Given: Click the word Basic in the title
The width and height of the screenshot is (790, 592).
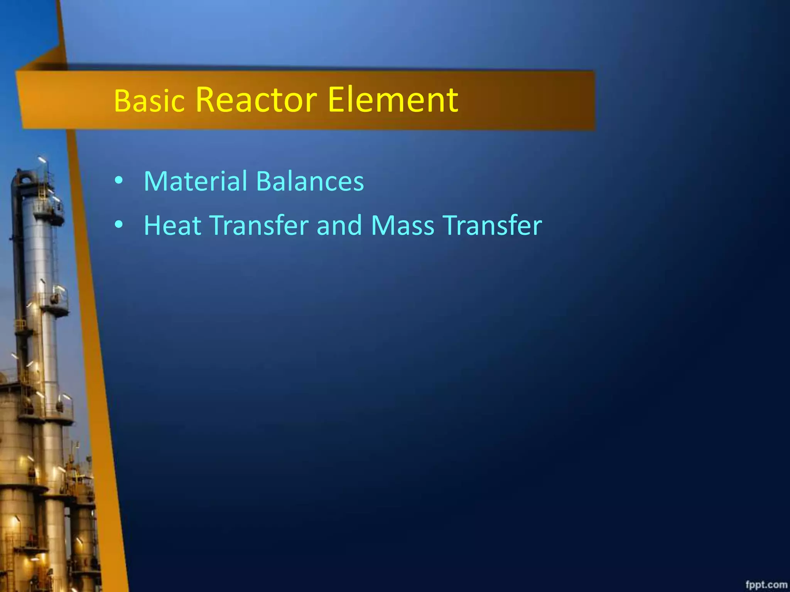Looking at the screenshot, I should (x=149, y=101).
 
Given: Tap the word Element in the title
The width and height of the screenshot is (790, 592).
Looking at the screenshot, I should (x=393, y=100).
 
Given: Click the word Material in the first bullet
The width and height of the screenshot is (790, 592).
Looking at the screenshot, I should (x=195, y=181).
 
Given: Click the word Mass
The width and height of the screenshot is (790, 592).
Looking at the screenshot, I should (x=403, y=225).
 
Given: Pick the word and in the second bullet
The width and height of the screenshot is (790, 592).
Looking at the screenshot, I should (x=339, y=225).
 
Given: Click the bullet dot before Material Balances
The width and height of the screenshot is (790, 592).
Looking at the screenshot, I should (x=119, y=180).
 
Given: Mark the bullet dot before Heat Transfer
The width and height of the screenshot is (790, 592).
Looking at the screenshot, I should (x=119, y=224).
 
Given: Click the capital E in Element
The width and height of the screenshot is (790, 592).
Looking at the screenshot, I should (x=336, y=100).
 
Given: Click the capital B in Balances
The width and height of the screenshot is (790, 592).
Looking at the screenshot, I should (x=263, y=181).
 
